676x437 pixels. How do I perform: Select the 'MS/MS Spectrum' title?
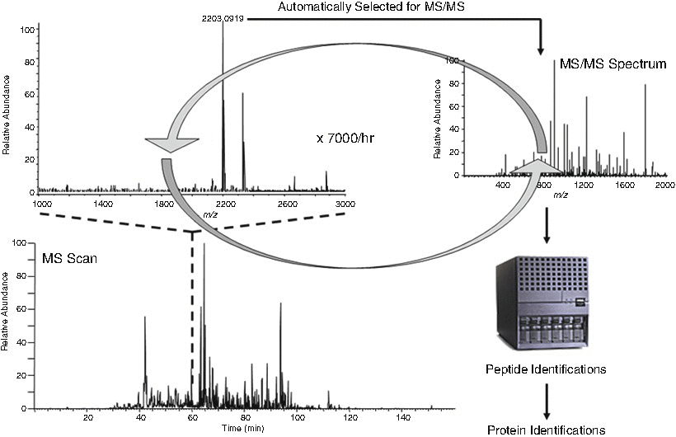[x=613, y=63]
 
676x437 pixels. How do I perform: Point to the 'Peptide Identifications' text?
[x=546, y=369]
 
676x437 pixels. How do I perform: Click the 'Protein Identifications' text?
[x=546, y=429]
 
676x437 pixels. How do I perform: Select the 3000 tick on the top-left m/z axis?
[x=345, y=203]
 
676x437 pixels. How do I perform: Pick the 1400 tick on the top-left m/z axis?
[x=101, y=203]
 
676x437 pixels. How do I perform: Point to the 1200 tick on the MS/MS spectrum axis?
[x=584, y=186]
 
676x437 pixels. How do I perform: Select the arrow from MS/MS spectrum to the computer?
[x=546, y=228]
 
